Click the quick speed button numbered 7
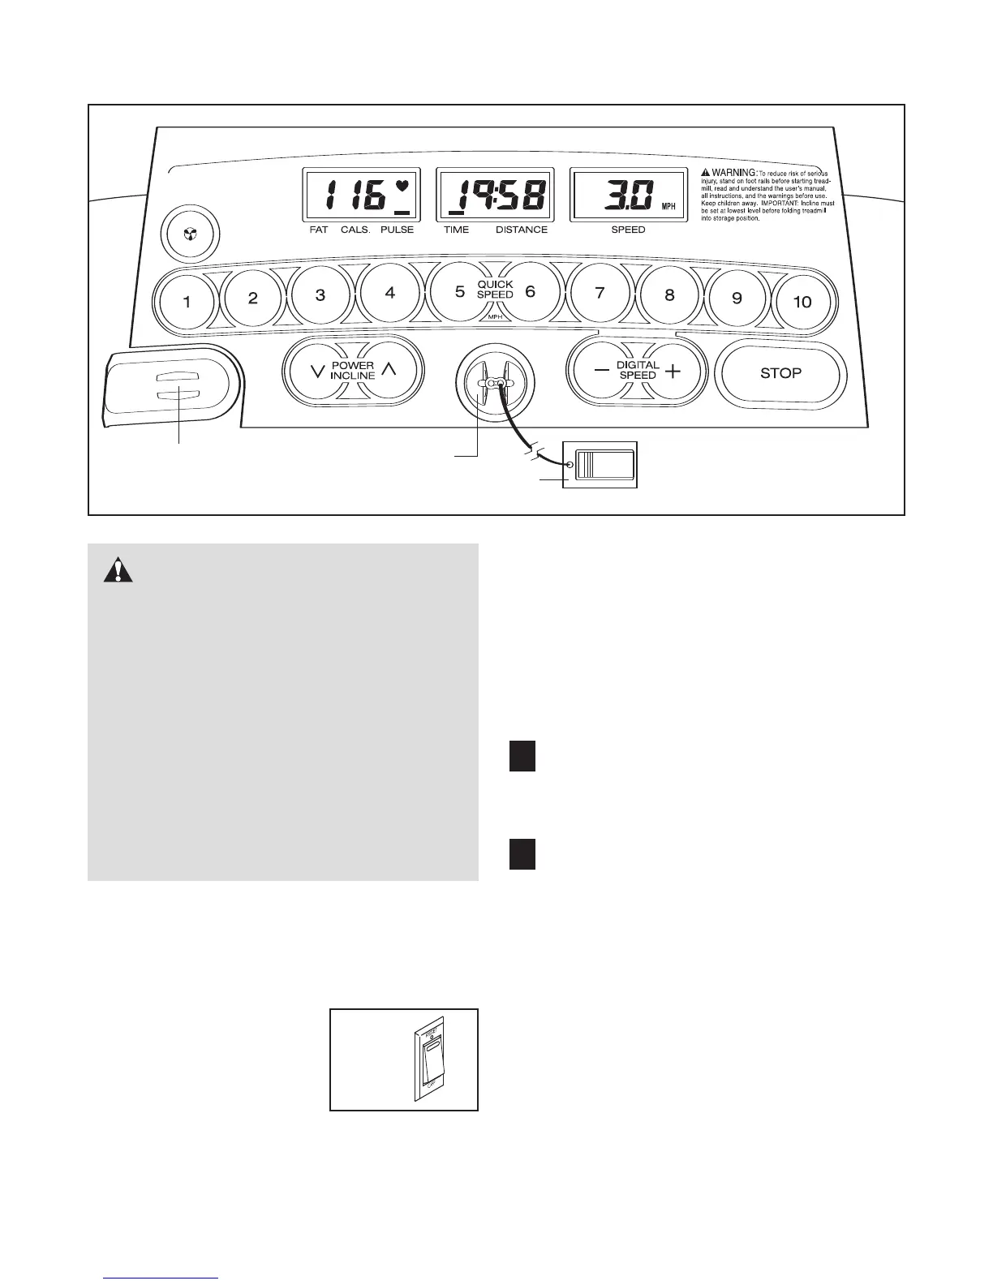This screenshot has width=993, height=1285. coord(600,294)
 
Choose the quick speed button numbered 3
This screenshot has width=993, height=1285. coord(320,295)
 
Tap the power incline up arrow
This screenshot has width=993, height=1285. coord(389,371)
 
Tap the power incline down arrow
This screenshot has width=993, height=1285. coord(317,371)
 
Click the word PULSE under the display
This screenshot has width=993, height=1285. coord(397,230)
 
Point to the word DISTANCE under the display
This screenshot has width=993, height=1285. coord(522,230)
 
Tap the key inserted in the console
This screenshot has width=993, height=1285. coord(495,383)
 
